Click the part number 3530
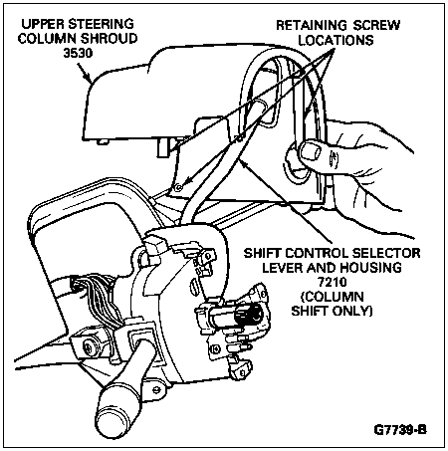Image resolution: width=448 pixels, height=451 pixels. pyautogui.click(x=78, y=53)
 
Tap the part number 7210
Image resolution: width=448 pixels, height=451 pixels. pyautogui.click(x=333, y=282)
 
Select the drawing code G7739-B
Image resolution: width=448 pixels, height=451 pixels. pyautogui.click(x=400, y=429)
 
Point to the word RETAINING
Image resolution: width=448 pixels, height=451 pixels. pyautogui.click(x=311, y=25)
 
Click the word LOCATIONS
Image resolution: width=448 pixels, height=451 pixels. pyautogui.click(x=336, y=40)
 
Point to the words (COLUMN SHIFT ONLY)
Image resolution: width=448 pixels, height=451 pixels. pyautogui.click(x=333, y=304)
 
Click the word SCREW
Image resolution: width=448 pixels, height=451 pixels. pyautogui.click(x=376, y=25)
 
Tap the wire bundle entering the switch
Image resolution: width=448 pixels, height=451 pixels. pyautogui.click(x=97, y=299)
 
